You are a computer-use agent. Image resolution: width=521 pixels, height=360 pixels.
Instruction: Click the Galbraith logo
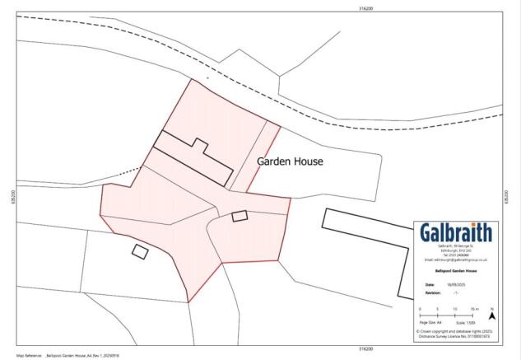(455, 232)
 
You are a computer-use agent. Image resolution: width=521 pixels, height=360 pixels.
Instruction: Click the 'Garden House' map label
(290, 161)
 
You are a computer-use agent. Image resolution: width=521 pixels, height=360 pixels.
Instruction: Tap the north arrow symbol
(492, 315)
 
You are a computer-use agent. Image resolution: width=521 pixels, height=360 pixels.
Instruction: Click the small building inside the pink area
(240, 216)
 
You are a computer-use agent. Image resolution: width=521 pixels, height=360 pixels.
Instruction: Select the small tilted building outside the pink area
(140, 250)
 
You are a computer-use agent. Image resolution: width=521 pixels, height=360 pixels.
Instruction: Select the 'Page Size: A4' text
(433, 323)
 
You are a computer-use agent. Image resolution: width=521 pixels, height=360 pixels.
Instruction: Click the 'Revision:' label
(428, 291)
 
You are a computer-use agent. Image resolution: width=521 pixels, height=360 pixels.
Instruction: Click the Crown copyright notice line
(455, 331)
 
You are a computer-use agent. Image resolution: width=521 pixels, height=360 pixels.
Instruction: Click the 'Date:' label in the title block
(425, 282)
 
